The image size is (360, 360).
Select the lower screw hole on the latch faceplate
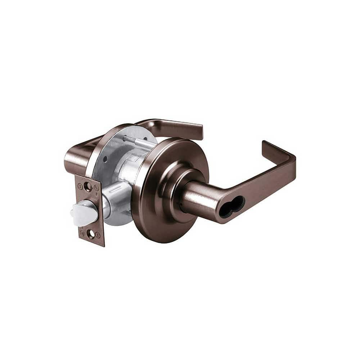pos(91,234)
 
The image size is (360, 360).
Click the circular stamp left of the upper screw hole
pos(80,186)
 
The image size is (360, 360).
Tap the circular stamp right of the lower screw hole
pos(98,235)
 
